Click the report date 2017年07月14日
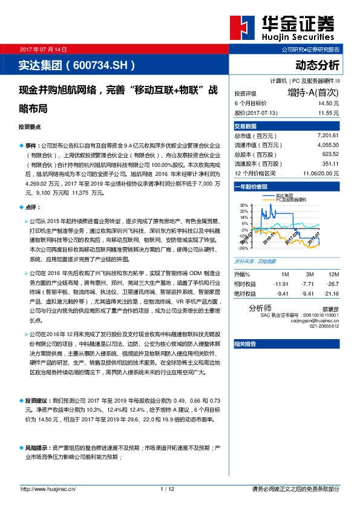[x=44, y=48]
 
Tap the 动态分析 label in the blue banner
[x=318, y=64]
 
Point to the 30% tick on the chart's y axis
[x=244, y=205]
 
